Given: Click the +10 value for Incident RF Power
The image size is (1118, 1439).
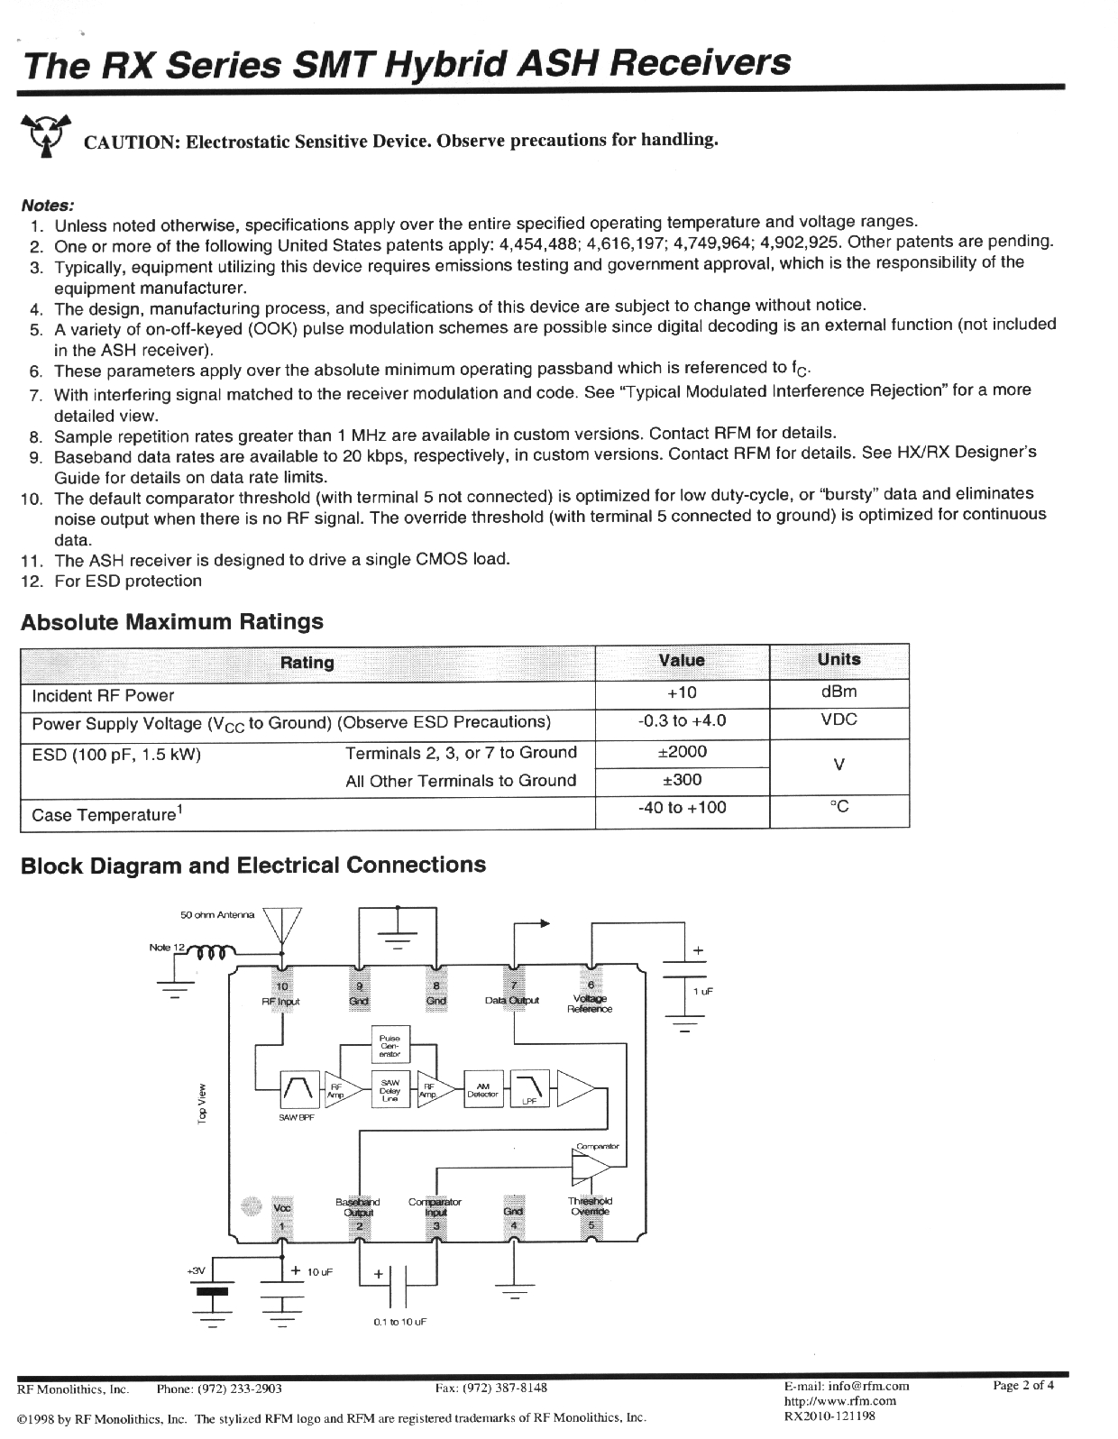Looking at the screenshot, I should click(x=682, y=692).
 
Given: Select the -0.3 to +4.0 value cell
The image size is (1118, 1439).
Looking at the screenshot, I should click(x=682, y=720).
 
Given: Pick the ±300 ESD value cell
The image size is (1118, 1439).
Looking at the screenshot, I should click(x=682, y=780).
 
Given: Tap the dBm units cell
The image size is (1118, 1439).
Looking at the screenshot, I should click(x=838, y=692).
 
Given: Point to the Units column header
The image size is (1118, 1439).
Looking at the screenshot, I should click(x=838, y=659).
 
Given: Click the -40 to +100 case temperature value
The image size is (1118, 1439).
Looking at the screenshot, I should click(x=682, y=808).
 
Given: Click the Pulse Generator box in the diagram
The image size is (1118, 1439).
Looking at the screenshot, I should click(x=389, y=1045).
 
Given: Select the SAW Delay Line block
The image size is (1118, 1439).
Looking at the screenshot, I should click(x=389, y=1089).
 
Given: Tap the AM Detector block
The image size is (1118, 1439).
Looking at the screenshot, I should click(x=483, y=1089).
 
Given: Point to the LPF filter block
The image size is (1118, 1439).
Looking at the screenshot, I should click(x=528, y=1089).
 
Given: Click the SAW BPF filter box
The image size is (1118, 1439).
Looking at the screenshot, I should click(x=300, y=1089).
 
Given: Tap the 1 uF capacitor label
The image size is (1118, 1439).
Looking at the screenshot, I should click(x=703, y=991).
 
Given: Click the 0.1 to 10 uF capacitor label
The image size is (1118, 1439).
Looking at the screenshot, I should click(x=399, y=1321).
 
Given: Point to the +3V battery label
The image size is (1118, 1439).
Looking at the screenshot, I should click(x=197, y=1270).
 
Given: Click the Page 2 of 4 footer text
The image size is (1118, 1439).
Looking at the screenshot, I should click(x=1022, y=1386).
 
